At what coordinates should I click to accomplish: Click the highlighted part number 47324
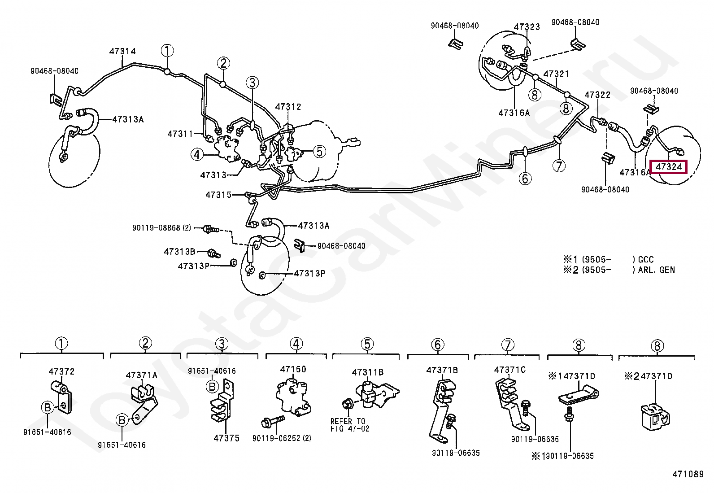pos(669,167)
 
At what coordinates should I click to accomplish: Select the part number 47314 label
pos(122,52)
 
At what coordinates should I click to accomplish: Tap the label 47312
pos(288,107)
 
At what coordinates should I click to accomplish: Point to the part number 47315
pos(218,195)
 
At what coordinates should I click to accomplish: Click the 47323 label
pos(527,26)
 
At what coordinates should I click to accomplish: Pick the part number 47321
pos(556,74)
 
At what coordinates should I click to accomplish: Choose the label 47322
pos(597,95)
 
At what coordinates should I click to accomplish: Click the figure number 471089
pos(688,474)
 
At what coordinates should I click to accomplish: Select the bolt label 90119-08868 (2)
pos(161,228)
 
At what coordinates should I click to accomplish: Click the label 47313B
pos(179,252)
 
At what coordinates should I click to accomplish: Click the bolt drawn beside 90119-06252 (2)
pos(273,422)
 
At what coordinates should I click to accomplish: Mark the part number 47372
pos(61,371)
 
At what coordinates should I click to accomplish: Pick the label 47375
pos(226,438)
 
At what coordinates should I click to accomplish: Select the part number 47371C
pos(510,370)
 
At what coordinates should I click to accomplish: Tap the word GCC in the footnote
pos(646,259)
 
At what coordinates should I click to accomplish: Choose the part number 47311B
pos(368,372)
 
